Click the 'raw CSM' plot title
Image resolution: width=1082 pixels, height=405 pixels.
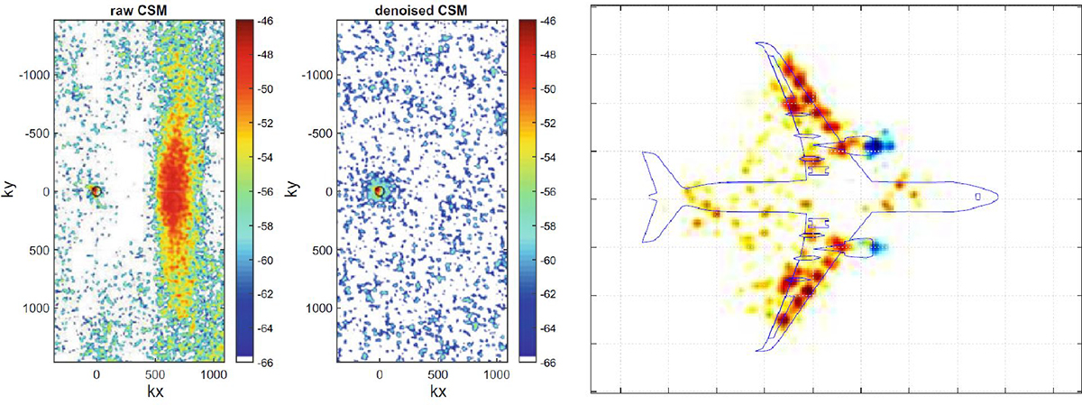pos(139,10)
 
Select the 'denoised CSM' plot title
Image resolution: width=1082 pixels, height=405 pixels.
pos(421,10)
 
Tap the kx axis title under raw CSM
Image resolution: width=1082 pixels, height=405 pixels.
pos(155,391)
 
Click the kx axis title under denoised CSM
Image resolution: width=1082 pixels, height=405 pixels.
pos(437,391)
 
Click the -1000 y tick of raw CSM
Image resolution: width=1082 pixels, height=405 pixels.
pos(34,75)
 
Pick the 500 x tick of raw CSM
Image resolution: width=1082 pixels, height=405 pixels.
pos(155,374)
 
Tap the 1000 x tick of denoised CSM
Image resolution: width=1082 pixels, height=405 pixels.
pos(497,374)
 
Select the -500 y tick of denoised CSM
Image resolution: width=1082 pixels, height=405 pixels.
pos(320,133)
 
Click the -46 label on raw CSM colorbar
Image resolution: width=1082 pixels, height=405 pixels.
pos(264,22)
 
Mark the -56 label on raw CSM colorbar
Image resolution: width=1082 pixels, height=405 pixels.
pos(264,192)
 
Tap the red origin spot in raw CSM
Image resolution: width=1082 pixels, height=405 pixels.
pos(96,191)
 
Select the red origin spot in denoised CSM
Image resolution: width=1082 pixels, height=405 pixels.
pos(380,191)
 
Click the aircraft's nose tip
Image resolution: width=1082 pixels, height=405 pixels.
pos(998,197)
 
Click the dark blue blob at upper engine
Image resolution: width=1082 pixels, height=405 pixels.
pos(875,145)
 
